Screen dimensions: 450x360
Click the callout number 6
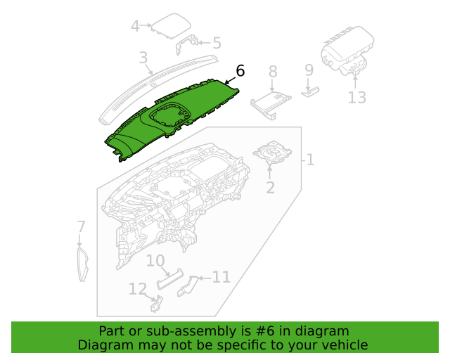tap(240, 70)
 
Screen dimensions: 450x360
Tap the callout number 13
tap(356, 97)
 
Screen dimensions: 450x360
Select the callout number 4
tap(135, 26)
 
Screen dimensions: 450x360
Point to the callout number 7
tap(82, 226)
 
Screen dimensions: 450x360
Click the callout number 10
tap(155, 261)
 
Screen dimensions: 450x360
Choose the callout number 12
tap(138, 289)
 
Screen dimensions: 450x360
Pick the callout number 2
tap(270, 188)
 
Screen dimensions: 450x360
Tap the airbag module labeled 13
tap(347, 51)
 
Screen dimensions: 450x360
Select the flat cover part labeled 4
tap(172, 26)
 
